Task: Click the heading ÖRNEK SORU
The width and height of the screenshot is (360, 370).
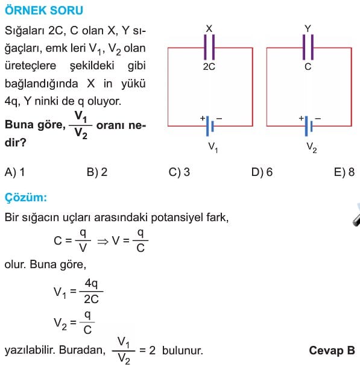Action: [x=44, y=10]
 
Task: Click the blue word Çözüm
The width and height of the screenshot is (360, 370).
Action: [x=26, y=197]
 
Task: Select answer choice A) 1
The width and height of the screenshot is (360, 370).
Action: [x=14, y=172]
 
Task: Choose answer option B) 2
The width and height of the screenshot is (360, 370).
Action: [x=97, y=172]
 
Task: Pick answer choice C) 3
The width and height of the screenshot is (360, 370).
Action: [x=179, y=172]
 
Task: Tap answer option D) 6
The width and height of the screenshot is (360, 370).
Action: [x=262, y=172]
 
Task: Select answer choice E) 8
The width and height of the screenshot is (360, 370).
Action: [x=344, y=172]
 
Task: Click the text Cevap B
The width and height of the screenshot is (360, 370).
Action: [x=332, y=350]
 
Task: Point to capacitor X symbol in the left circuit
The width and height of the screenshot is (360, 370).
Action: [x=209, y=47]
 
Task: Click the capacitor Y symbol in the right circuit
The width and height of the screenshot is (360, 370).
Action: [x=308, y=47]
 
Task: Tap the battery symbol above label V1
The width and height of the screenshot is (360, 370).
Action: [x=210, y=126]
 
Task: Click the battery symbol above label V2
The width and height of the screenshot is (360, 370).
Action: [x=309, y=126]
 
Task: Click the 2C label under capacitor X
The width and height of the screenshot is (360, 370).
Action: [x=209, y=67]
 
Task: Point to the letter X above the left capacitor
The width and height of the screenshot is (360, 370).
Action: [x=209, y=29]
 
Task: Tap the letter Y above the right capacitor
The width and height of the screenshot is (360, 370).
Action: [x=308, y=29]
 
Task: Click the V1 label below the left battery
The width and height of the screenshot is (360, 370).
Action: [x=213, y=148]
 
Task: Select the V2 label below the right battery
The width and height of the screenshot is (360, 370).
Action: [x=312, y=148]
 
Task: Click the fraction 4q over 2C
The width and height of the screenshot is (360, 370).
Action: [x=92, y=291]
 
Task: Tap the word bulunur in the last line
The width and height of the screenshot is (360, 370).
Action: [x=183, y=350]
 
